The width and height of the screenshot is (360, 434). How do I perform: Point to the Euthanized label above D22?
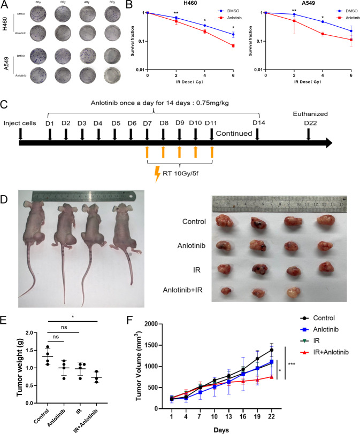click(x=308, y=114)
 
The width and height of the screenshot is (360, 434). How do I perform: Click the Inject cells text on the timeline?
click(x=20, y=124)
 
